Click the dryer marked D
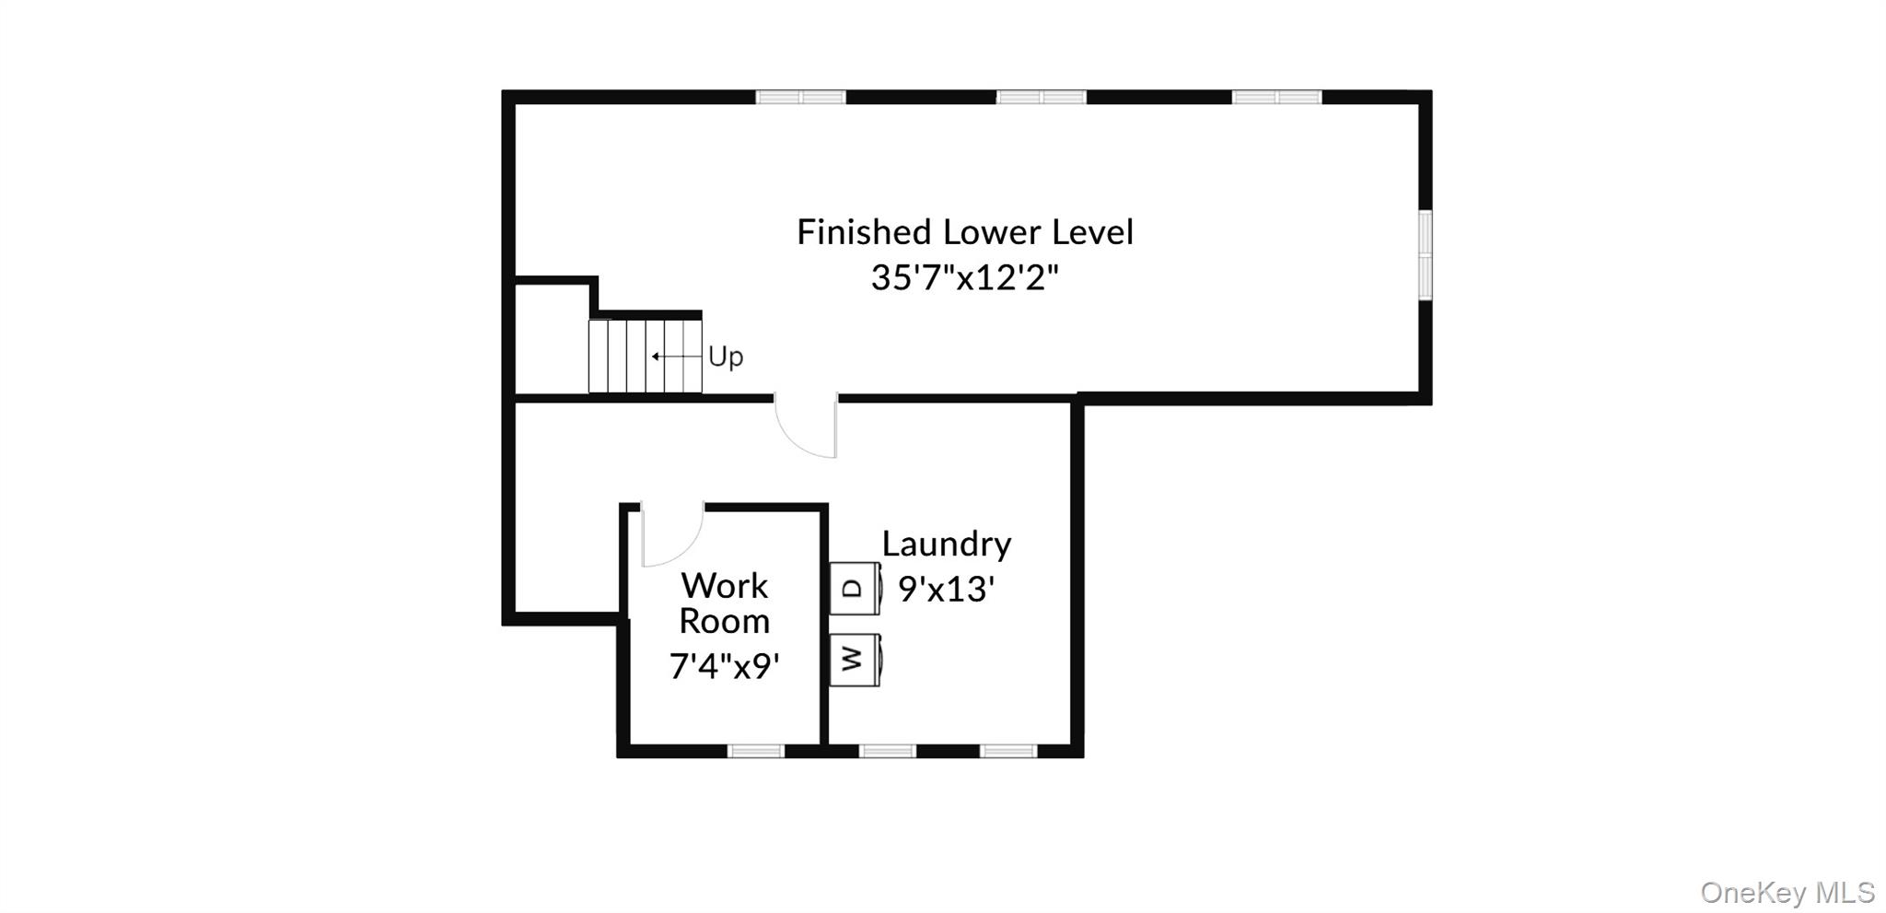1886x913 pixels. [x=856, y=588]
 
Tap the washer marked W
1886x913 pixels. [x=856, y=660]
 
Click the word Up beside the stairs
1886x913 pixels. [x=726, y=357]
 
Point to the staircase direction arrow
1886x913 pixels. [x=677, y=356]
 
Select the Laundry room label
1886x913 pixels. [x=947, y=544]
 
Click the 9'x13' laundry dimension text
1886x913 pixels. [x=947, y=589]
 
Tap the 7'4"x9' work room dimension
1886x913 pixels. [x=725, y=665]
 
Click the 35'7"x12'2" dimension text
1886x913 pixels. [x=965, y=276]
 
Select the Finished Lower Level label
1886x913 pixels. [x=965, y=232]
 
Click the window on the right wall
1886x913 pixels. [x=1425, y=254]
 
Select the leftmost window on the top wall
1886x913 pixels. [x=800, y=97]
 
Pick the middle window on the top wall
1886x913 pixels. [x=1042, y=97]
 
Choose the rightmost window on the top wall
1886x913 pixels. [x=1277, y=97]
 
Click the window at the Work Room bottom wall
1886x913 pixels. [x=756, y=751]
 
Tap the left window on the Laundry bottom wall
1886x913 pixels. [x=888, y=751]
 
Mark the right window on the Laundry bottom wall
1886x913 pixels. [x=1008, y=751]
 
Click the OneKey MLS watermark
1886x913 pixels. [x=1787, y=892]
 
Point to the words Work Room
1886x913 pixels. [x=725, y=603]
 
